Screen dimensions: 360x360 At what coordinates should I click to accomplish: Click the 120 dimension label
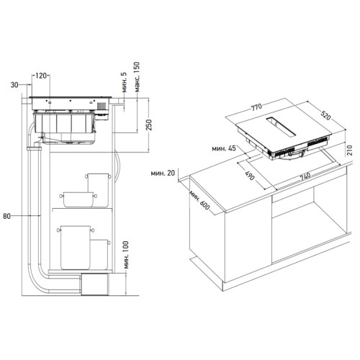point(41,76)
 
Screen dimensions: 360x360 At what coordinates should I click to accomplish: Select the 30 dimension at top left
point(14,85)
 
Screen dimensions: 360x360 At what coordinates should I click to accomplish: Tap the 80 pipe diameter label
point(6,216)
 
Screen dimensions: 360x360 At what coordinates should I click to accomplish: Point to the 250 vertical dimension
point(149,125)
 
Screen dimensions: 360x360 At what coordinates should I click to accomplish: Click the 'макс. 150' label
point(137,77)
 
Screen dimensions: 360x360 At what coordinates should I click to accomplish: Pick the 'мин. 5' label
point(124,82)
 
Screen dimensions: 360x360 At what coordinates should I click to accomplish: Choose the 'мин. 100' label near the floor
point(126,255)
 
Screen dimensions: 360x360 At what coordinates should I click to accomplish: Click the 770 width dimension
point(256,107)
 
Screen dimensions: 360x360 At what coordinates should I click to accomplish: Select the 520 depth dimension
point(325,116)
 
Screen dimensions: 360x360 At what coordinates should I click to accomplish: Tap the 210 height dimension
point(349,150)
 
